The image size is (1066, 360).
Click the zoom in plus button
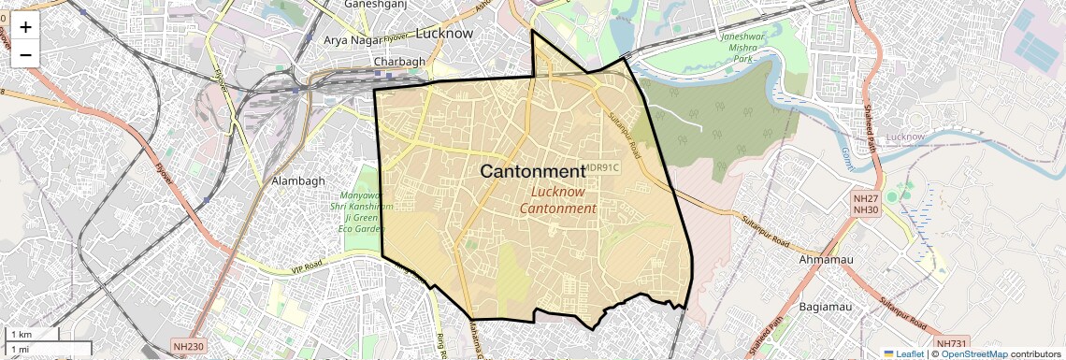(25, 26)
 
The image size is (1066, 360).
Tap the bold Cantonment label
(531, 171)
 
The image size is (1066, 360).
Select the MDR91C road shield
(601, 168)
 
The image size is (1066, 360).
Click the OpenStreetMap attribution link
(973, 353)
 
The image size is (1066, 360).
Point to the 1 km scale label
(21, 335)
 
